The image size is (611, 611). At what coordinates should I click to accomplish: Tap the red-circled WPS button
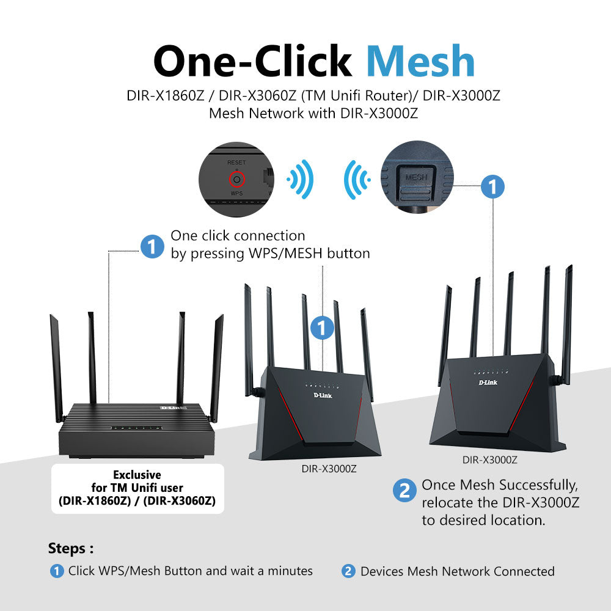click(x=236, y=179)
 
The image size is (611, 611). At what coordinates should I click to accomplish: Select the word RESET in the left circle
click(x=236, y=163)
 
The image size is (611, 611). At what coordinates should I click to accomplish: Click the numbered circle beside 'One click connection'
click(x=152, y=247)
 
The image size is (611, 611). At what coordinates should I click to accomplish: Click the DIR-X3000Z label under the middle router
click(x=329, y=469)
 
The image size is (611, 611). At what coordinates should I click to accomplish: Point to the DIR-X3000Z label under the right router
click(x=490, y=460)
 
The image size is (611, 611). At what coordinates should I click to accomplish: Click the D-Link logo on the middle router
click(x=323, y=396)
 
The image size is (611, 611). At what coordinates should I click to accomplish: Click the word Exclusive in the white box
click(x=137, y=475)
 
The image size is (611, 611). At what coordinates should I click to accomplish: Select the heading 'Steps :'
click(x=71, y=548)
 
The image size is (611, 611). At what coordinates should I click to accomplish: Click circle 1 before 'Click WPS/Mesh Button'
click(x=57, y=572)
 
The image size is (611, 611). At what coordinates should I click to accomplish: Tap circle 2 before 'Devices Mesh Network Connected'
click(x=348, y=572)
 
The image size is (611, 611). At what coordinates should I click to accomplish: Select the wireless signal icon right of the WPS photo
click(x=301, y=180)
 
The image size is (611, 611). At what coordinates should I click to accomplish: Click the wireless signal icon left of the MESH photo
click(x=356, y=180)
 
